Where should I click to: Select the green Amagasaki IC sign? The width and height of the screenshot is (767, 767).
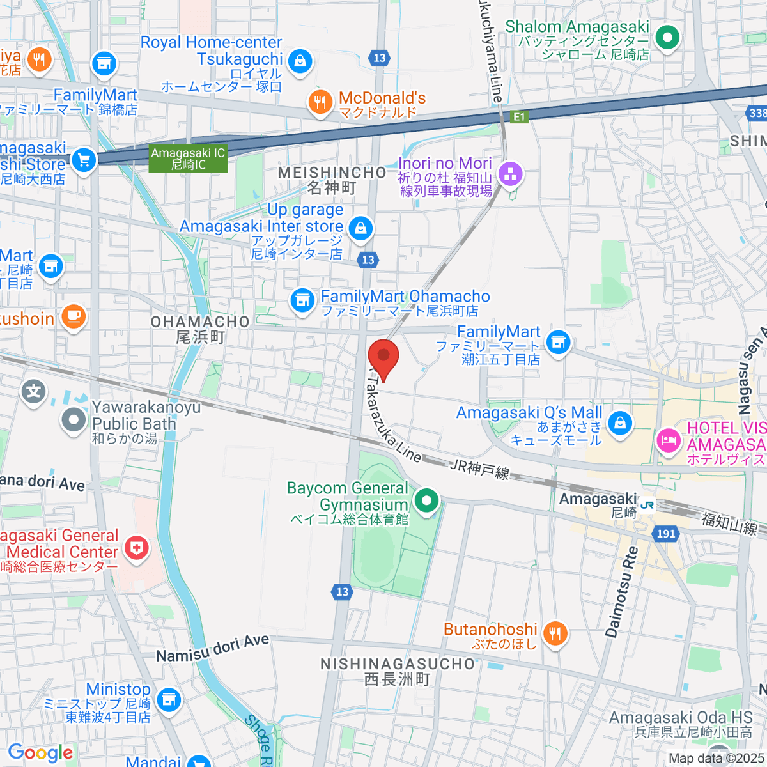click(188, 159)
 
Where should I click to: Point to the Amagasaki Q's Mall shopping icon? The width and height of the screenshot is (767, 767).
click(620, 422)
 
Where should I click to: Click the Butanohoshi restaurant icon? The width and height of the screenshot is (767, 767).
click(554, 634)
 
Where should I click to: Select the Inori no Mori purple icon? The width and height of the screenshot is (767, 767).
click(511, 173)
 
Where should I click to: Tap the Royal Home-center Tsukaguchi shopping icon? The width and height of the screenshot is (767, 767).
click(299, 61)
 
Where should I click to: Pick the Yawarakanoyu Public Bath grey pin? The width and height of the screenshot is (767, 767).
click(74, 420)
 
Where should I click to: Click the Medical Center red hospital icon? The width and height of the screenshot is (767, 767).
click(136, 547)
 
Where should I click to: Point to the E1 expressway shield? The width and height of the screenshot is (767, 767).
click(520, 117)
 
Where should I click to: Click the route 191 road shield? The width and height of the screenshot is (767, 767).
click(665, 534)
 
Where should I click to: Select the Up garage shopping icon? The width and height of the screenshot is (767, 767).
click(360, 228)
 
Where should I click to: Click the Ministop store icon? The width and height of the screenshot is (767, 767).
click(169, 700)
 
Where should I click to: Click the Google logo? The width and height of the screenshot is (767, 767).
click(40, 753)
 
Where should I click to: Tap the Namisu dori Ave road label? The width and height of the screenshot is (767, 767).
click(213, 648)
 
